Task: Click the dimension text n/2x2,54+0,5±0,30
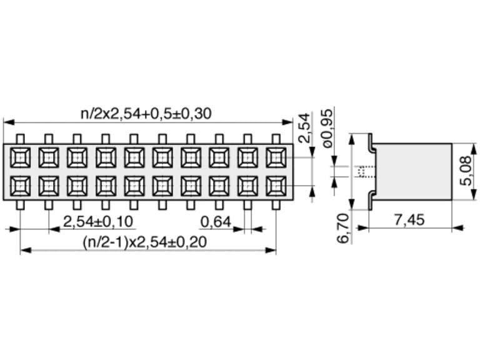pyautogui.click(x=146, y=114)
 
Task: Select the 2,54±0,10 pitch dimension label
pyautogui.click(x=98, y=221)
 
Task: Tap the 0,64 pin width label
pyautogui.click(x=216, y=222)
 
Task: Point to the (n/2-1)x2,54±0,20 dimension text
pyautogui.click(x=145, y=242)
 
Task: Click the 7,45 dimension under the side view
pyautogui.click(x=409, y=220)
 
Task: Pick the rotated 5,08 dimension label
pyautogui.click(x=466, y=171)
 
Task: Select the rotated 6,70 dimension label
pyautogui.click(x=343, y=228)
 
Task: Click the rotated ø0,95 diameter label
pyautogui.click(x=327, y=128)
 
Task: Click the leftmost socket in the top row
pyautogui.click(x=20, y=157)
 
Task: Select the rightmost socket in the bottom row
pyautogui.click(x=276, y=186)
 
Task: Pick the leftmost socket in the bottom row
pyautogui.click(x=20, y=186)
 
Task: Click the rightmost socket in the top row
pyautogui.click(x=276, y=157)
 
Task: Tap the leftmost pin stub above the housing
pyautogui.click(x=20, y=139)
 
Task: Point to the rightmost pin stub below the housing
pyautogui.click(x=276, y=205)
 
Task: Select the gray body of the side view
pyautogui.click(x=414, y=171)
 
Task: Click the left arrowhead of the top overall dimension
pyautogui.click(x=9, y=122)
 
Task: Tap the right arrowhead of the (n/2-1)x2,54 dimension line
pyautogui.click(x=271, y=251)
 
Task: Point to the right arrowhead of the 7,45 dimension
pyautogui.click(x=458, y=227)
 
